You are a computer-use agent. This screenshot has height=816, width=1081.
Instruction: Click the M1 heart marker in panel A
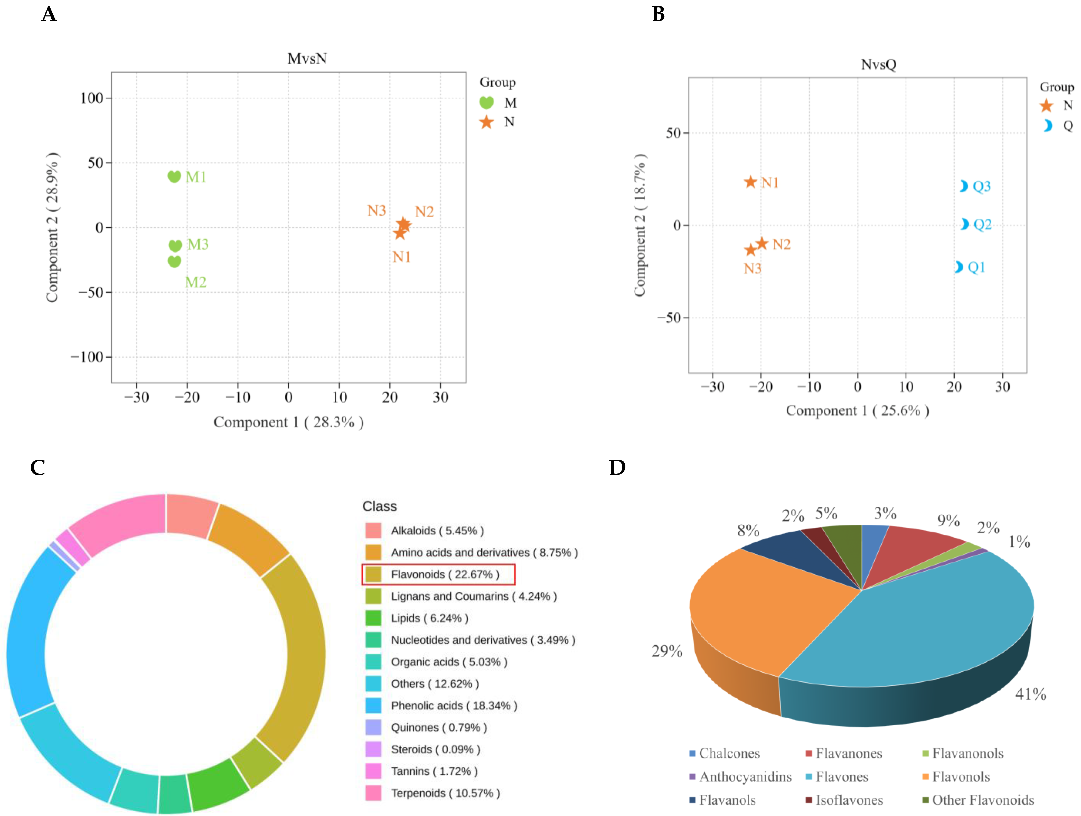(174, 177)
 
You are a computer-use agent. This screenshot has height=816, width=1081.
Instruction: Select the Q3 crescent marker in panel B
(963, 186)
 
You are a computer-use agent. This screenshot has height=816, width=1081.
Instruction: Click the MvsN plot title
(307, 59)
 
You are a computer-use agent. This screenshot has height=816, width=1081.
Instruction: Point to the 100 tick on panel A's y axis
(92, 98)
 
